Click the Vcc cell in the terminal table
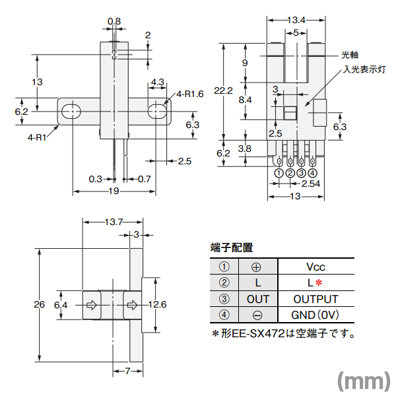(316, 267)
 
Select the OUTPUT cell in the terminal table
(316, 299)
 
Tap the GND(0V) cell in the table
(316, 315)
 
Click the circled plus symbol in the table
(257, 267)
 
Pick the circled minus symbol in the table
(257, 315)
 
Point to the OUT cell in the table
(257, 299)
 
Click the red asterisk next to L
(319, 283)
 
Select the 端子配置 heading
(231, 248)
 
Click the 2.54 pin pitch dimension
(310, 184)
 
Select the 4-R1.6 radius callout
(190, 94)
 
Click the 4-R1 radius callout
(37, 137)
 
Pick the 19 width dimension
(113, 191)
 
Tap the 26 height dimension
(39, 304)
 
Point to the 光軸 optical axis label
(349, 55)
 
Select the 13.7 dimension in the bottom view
(114, 222)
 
